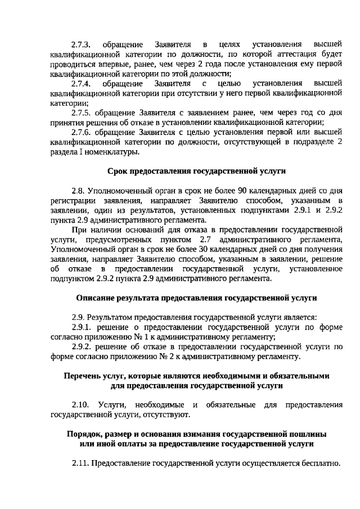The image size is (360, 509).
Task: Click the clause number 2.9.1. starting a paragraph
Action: pos(82,327)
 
